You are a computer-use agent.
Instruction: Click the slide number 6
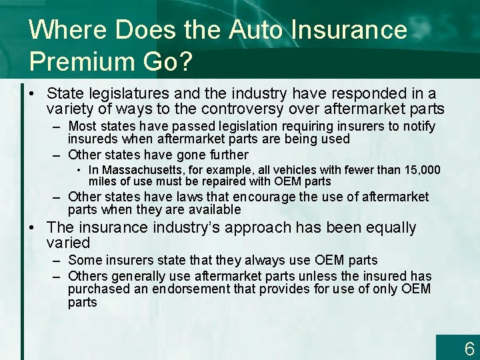click(x=469, y=349)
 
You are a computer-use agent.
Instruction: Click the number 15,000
click(x=421, y=171)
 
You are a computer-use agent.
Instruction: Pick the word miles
click(x=102, y=181)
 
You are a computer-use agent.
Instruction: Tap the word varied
click(x=68, y=243)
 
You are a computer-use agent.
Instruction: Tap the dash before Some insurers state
click(x=55, y=260)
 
